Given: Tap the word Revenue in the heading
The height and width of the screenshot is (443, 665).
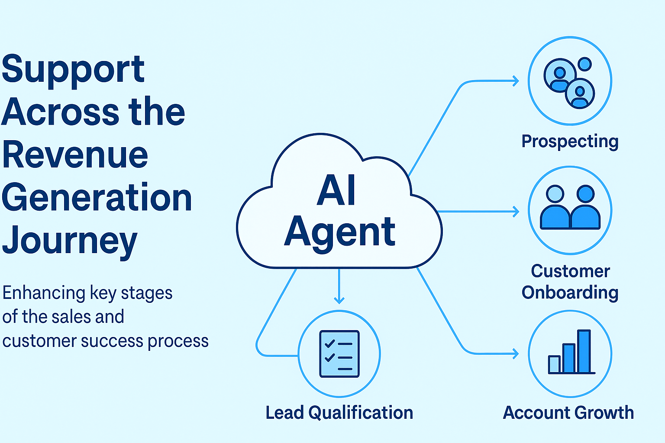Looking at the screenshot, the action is click(75, 154).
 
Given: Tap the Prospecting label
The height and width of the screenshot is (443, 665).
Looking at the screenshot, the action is click(570, 142).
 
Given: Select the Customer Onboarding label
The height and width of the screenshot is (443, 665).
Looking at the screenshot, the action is click(570, 282).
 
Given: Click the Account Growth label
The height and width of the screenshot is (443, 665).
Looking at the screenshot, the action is click(568, 412).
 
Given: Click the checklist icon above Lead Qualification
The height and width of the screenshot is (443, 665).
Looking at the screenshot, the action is click(339, 354).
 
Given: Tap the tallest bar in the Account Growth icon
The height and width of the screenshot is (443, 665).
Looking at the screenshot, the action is click(584, 351).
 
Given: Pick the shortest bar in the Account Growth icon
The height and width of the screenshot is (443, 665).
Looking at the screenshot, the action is click(554, 364).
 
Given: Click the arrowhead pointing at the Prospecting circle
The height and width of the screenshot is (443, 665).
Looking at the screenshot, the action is click(516, 81).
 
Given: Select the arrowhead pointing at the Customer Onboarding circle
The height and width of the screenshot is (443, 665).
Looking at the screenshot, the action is click(516, 212).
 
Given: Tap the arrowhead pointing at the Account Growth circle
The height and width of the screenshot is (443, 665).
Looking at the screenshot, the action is click(516, 354).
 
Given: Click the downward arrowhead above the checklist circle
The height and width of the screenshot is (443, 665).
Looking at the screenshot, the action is click(339, 300).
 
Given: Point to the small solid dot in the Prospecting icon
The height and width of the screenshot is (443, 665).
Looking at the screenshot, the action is click(585, 64).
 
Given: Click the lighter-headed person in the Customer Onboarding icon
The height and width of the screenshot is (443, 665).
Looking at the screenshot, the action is click(555, 207).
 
